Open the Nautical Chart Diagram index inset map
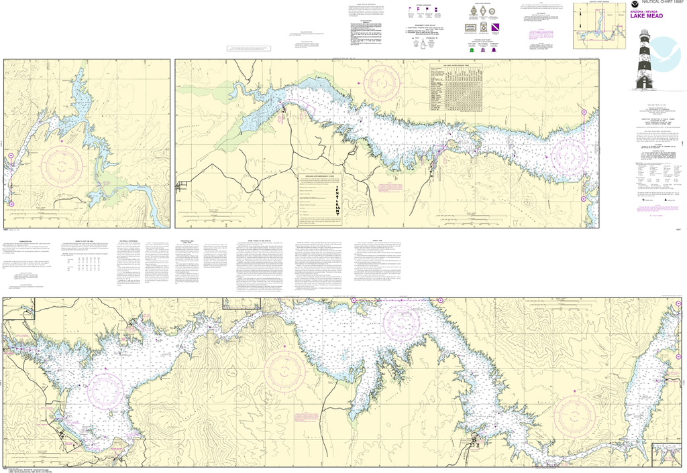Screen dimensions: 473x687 [599, 27]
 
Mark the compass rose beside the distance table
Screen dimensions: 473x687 [382, 83]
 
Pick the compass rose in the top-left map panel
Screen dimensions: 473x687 [62, 165]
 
